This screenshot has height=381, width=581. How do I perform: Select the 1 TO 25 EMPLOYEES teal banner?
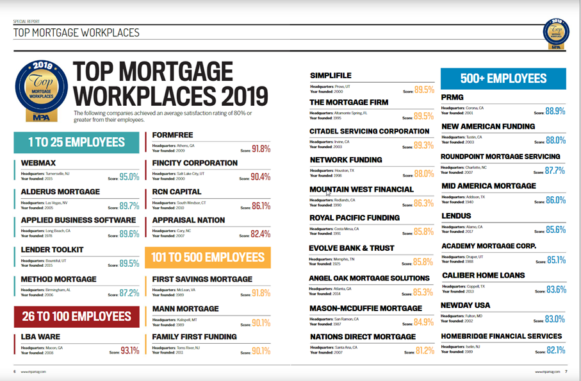(x=76, y=142)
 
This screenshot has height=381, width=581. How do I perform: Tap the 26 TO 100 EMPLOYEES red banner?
(x=76, y=316)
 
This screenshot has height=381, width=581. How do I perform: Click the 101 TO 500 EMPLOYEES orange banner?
(x=208, y=257)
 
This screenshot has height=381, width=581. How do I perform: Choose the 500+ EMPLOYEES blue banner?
(x=503, y=79)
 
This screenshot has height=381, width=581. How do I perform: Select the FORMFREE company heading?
(x=173, y=135)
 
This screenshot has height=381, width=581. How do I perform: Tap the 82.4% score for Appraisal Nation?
(x=260, y=235)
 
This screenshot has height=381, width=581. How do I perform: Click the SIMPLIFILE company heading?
(x=331, y=76)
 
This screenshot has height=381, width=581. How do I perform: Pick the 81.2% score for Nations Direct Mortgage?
(x=424, y=351)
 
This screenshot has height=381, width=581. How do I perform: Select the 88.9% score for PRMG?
(x=555, y=111)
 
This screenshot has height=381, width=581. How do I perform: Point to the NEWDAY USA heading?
(x=466, y=305)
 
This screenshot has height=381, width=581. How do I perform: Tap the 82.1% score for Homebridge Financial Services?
(x=555, y=350)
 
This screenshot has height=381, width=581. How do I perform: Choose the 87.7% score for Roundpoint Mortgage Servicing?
(x=555, y=171)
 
